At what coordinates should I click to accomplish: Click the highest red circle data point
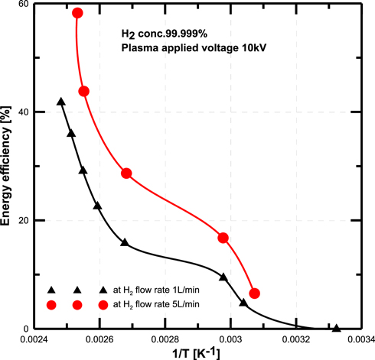(x=77, y=13)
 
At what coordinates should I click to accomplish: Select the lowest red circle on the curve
(x=255, y=294)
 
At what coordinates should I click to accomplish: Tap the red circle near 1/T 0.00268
(x=126, y=174)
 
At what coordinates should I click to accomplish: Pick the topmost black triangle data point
(x=61, y=102)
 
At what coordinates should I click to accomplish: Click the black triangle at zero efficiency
(x=336, y=328)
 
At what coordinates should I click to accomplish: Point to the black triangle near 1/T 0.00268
(x=125, y=242)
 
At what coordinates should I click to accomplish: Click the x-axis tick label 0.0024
(x=33, y=339)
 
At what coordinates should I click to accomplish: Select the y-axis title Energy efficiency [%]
(x=7, y=166)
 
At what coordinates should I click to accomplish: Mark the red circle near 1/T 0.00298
(x=223, y=238)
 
